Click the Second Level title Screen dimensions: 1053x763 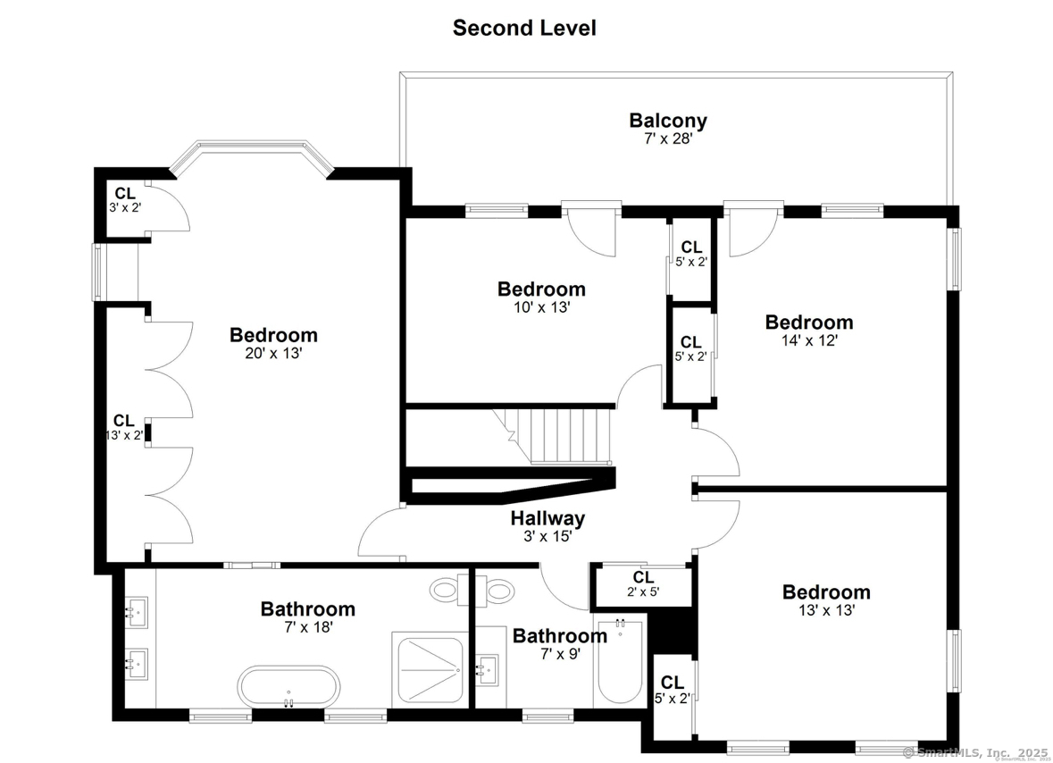[x=524, y=28]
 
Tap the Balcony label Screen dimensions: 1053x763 [x=668, y=121]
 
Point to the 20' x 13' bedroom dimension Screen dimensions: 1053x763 [x=273, y=353]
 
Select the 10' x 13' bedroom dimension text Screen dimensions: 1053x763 [x=542, y=307]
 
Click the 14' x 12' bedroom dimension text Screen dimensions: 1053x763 [x=809, y=340]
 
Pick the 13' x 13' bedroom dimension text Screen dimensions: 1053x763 [x=827, y=610]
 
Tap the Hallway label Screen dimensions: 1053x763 [x=547, y=518]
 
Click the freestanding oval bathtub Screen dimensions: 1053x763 [x=288, y=686]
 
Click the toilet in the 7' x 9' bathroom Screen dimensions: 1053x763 [x=496, y=591]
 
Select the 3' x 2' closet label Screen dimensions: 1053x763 [x=126, y=200]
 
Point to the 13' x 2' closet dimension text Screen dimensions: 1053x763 [x=124, y=435]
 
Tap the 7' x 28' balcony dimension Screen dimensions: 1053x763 [x=668, y=139]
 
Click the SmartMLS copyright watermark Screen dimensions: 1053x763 [x=975, y=752]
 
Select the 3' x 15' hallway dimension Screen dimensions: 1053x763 [x=547, y=537]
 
